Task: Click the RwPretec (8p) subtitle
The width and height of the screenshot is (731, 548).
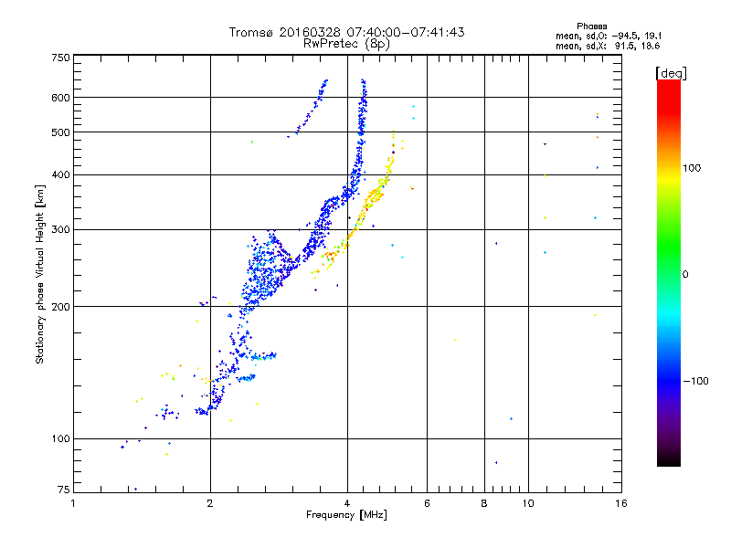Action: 346,43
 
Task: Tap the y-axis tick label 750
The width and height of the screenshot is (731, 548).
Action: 60,58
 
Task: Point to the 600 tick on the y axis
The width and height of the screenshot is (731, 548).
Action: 60,98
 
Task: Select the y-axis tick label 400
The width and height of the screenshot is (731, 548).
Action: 60,174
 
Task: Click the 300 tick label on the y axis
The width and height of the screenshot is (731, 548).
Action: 60,229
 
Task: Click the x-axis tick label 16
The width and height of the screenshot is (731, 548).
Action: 620,503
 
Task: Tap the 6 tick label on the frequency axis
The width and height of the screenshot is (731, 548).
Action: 427,503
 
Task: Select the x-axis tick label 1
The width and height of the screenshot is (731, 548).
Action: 73,503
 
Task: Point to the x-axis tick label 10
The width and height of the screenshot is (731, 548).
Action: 528,503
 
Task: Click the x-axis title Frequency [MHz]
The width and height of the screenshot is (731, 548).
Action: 346,516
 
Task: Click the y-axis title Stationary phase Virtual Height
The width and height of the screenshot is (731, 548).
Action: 40,274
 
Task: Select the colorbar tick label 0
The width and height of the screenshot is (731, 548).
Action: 685,274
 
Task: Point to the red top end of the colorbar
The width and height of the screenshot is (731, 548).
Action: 668,84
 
